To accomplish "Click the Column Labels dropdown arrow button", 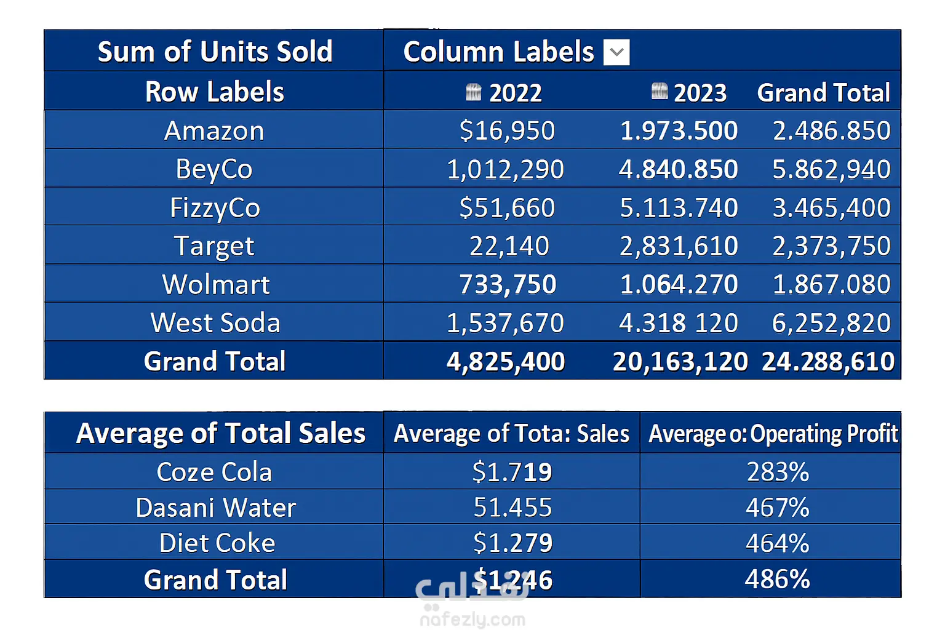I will point(616,52).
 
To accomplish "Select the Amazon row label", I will point(214,130).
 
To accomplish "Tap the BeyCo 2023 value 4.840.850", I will point(678,169).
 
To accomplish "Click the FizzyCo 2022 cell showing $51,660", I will point(507,207).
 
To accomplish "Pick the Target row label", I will point(214,246).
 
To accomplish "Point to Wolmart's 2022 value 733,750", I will point(508,284).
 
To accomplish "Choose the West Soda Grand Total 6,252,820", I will point(831,323).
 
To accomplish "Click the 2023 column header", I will point(700,93).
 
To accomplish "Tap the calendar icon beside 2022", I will point(473,92).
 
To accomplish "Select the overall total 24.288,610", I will point(827,362).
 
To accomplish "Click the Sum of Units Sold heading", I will point(215,52).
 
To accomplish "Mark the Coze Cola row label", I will point(214,472).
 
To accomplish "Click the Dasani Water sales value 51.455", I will point(512,508).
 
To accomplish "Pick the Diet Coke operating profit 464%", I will point(777,543).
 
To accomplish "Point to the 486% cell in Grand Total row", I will point(777,579).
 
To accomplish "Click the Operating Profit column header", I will point(773,434).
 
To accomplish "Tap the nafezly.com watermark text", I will point(472,619).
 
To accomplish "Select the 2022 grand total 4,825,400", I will point(506,362).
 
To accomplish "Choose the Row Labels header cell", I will point(215,92).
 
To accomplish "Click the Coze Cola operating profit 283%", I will point(778,472).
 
